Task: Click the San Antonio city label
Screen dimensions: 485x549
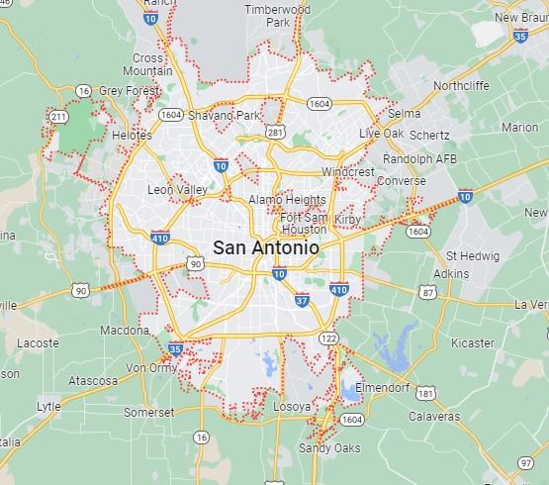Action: (266, 248)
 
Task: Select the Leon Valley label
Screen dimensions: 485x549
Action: (177, 190)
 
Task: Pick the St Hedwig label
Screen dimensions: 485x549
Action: (469, 255)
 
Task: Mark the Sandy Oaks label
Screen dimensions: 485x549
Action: (329, 448)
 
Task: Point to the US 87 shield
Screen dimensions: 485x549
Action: (426, 292)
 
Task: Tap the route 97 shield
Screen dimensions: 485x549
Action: (525, 462)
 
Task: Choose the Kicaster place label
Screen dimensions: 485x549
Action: (471, 342)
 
